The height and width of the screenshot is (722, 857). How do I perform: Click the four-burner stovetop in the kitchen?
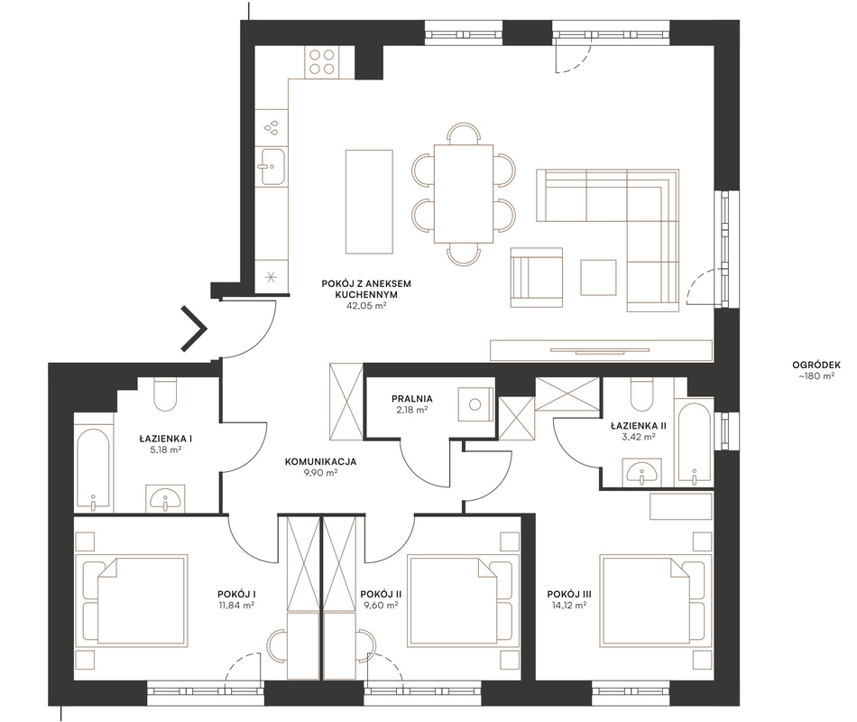click(x=322, y=61)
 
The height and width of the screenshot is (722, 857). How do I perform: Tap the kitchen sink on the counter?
click(x=272, y=166)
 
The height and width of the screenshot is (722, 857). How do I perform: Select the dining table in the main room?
click(x=464, y=194)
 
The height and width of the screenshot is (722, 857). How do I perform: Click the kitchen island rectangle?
click(x=369, y=201)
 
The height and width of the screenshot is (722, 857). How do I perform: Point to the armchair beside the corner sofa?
click(x=536, y=277)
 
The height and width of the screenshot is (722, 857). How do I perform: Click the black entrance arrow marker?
click(x=195, y=329)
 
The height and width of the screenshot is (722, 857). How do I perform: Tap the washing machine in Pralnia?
click(x=475, y=404)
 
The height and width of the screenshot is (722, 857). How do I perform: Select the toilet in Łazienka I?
click(x=165, y=395)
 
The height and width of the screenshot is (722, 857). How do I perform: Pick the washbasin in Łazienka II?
click(x=641, y=472)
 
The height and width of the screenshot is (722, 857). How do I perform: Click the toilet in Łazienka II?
click(x=641, y=394)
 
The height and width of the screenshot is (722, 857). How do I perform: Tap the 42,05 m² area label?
click(x=366, y=306)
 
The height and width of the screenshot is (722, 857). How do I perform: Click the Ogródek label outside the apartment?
click(x=816, y=366)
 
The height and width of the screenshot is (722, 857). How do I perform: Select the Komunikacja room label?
click(x=320, y=462)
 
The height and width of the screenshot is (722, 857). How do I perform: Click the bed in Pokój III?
click(x=656, y=600)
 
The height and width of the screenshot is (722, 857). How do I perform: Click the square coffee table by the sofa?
click(x=598, y=277)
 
